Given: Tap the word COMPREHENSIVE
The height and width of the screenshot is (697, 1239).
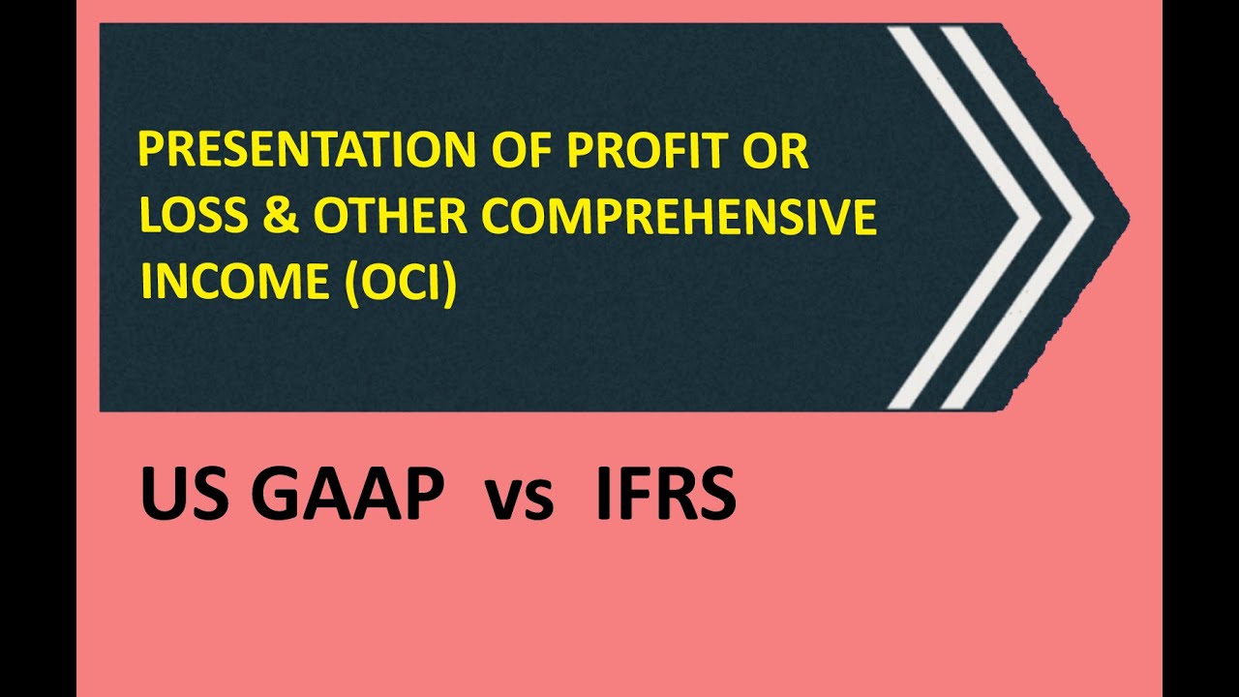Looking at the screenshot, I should [x=679, y=218].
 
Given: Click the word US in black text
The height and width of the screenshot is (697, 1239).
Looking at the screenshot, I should [x=176, y=495].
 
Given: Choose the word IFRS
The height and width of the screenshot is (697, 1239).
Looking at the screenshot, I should [x=665, y=495].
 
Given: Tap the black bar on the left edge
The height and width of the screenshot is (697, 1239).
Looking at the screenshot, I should [x=38, y=348].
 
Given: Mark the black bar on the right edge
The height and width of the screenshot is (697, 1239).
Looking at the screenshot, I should [x=1200, y=348].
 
